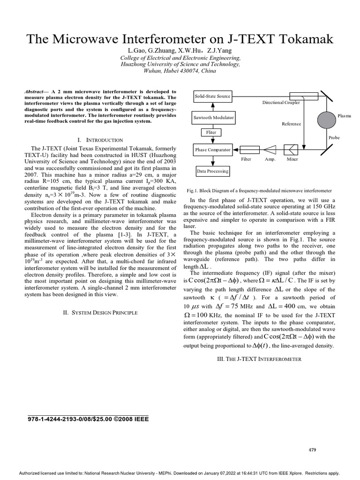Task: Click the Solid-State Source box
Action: click(213, 96)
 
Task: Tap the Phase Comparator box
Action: click(213, 150)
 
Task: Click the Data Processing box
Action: click(213, 171)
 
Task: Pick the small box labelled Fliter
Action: click(211, 133)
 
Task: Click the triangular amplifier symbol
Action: click(270, 150)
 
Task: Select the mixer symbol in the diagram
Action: click(292, 150)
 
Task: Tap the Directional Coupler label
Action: click(281, 102)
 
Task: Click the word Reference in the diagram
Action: click(291, 124)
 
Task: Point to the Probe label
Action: click(334, 138)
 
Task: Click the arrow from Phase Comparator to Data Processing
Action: click(212, 161)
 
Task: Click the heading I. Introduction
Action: click(100, 140)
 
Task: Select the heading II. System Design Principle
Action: click(100, 312)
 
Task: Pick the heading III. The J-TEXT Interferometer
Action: click(259, 359)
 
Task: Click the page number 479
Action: click(312, 450)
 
